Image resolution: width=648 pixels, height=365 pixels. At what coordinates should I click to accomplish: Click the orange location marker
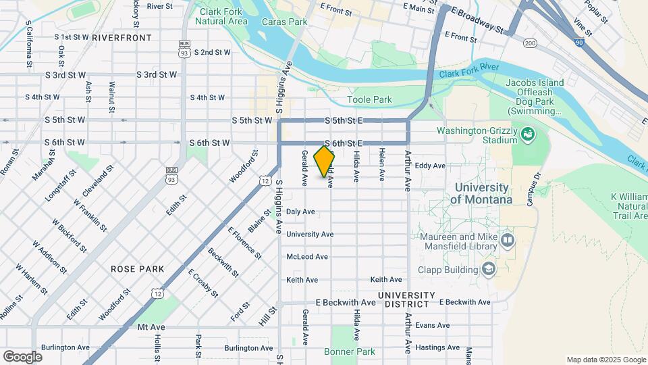(x=325, y=161)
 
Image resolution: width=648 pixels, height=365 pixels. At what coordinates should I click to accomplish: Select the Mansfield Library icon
(x=507, y=240)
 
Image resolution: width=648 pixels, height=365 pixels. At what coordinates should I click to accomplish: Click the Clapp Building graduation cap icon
(x=487, y=270)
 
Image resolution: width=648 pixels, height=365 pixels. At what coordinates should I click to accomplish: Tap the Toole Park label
(x=369, y=100)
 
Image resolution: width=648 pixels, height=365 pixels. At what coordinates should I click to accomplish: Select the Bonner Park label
(x=349, y=352)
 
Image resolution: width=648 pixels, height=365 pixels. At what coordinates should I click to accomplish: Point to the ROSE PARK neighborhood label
(x=138, y=269)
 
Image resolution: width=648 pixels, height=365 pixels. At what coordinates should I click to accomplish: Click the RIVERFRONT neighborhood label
(x=122, y=37)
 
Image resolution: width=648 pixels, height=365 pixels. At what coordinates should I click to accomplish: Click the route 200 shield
(x=530, y=43)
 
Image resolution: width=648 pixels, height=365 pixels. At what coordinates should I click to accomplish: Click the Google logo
(x=22, y=356)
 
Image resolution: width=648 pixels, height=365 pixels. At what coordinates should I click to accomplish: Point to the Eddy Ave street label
(x=430, y=166)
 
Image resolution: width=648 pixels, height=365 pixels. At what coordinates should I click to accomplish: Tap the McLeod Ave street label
(x=307, y=257)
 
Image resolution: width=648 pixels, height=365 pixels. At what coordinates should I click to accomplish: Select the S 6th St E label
(x=344, y=143)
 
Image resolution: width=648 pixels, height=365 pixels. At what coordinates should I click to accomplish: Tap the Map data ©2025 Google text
(x=605, y=360)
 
